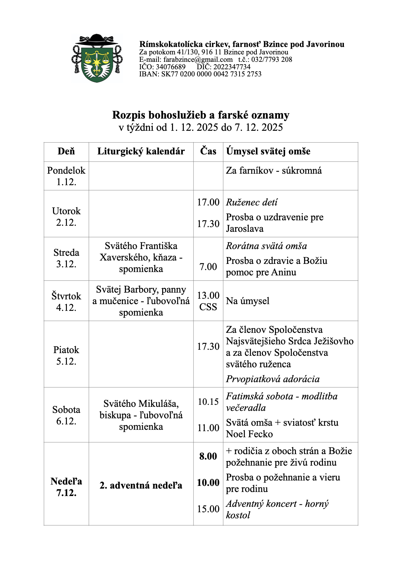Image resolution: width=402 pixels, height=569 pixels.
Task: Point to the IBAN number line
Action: [x=200, y=74]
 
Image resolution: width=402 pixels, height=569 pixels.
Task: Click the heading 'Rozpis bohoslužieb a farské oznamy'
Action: [x=201, y=115]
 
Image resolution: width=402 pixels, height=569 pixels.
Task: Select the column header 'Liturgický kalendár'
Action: [x=141, y=151]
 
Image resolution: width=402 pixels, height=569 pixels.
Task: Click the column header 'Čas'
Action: [x=208, y=151]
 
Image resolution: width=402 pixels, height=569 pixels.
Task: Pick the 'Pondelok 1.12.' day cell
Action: [x=66, y=176]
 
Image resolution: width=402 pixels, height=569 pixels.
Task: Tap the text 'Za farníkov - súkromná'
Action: [x=274, y=171]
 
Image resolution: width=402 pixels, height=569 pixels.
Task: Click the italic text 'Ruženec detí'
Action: [x=252, y=202]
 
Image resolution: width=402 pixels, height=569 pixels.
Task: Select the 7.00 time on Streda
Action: [x=208, y=267]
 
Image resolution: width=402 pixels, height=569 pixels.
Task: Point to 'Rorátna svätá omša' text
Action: [x=266, y=246]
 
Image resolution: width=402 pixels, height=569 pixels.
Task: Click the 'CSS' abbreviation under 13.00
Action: [x=208, y=307]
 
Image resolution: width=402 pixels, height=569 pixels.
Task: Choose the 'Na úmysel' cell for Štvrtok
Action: [x=248, y=301]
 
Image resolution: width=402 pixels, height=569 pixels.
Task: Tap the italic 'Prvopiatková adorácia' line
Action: [x=273, y=379]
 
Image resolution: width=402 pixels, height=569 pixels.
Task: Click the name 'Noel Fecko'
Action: [x=249, y=434]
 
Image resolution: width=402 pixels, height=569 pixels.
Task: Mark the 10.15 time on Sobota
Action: [x=208, y=402]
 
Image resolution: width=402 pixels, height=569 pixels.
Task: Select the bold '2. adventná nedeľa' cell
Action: [x=141, y=486]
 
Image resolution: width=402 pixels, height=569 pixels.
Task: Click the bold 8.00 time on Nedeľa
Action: [x=208, y=456]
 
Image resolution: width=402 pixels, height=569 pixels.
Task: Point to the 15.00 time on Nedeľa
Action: [x=208, y=509]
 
